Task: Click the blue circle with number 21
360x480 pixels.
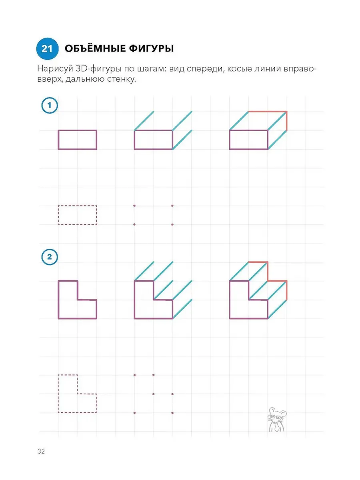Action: coord(47,48)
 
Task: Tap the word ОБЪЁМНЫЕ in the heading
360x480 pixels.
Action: coord(95,48)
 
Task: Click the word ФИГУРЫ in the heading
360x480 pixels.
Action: coord(151,48)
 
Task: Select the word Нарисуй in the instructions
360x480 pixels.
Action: coord(55,69)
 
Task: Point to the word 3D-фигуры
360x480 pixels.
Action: coord(98,69)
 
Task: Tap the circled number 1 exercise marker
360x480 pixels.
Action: coord(50,105)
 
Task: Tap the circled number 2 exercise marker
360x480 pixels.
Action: coord(50,257)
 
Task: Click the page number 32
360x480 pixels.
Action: coord(41,451)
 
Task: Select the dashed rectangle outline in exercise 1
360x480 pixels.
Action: coord(58,215)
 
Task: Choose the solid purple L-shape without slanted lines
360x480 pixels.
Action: coord(58,300)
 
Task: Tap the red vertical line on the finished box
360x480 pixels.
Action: coord(286,121)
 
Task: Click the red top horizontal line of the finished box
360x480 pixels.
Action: coord(268,112)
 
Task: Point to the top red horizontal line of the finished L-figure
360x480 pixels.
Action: coord(258,262)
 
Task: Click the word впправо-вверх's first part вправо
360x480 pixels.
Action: coord(299,69)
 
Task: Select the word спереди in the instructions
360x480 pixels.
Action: coord(206,70)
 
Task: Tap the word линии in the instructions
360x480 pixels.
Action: coord(268,69)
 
